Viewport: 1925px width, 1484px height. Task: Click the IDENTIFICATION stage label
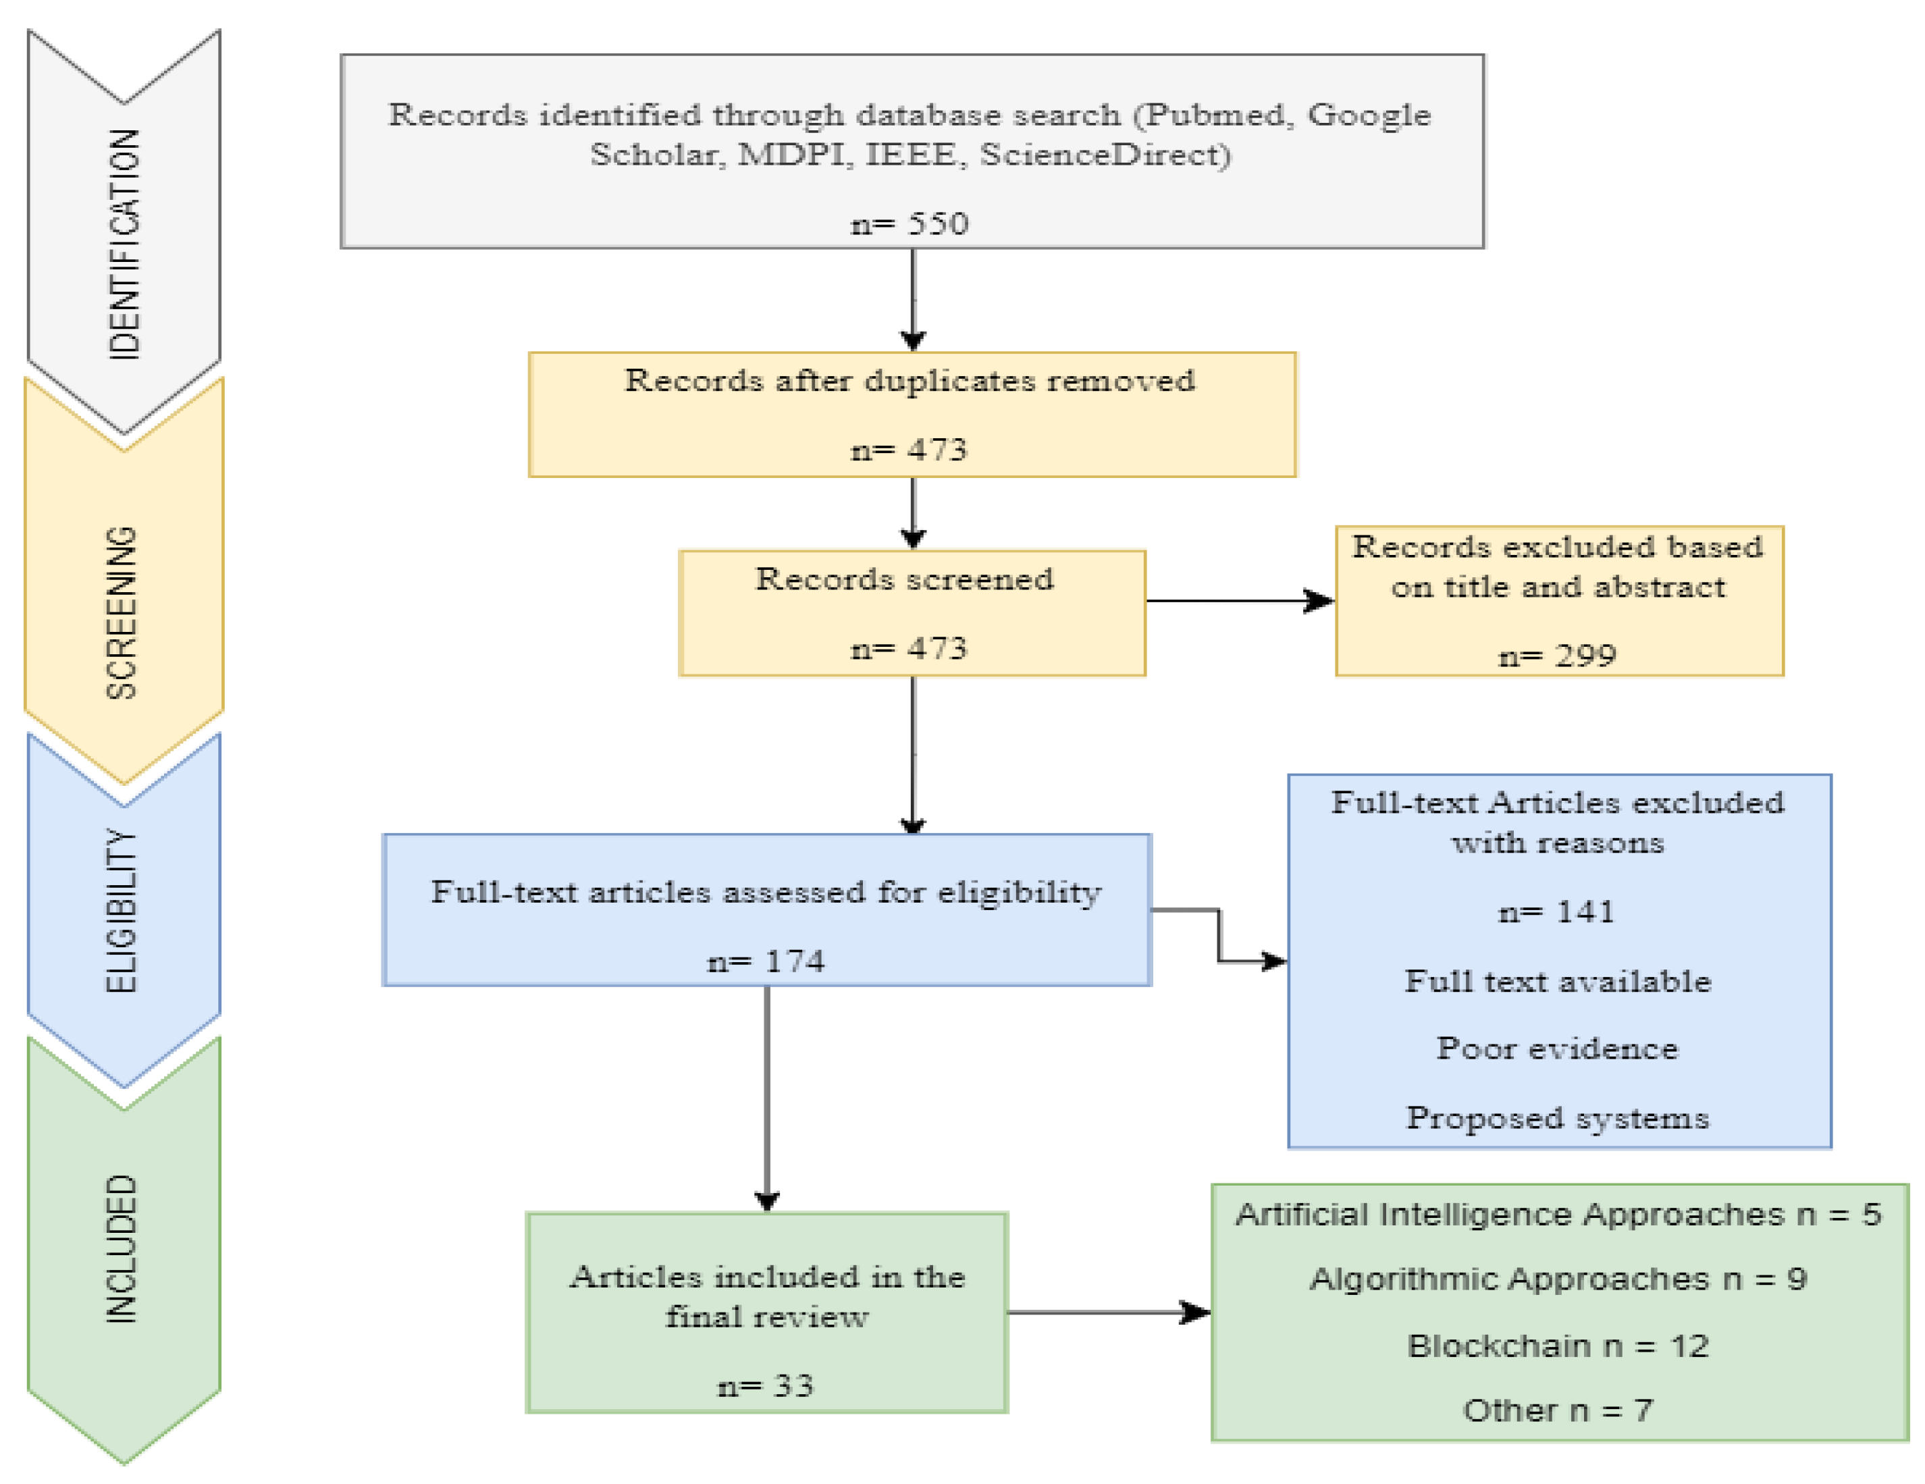click(124, 244)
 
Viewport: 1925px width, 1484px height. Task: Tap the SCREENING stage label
click(122, 613)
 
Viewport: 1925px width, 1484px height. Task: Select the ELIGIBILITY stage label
click(122, 910)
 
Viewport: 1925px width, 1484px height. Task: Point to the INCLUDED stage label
click(122, 1249)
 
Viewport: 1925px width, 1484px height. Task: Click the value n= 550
click(909, 224)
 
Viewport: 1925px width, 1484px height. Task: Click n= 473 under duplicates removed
click(909, 450)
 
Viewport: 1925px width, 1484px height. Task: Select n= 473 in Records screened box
click(909, 649)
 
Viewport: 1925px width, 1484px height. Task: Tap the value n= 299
click(1558, 656)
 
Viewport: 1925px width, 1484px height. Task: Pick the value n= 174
click(766, 961)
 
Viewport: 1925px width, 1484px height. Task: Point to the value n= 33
click(766, 1386)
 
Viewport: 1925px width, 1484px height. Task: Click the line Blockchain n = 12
click(1558, 1346)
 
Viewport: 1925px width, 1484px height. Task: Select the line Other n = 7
click(1558, 1410)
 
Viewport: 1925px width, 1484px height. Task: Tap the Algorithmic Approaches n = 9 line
click(1558, 1279)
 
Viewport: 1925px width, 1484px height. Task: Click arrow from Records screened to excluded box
click(1238, 601)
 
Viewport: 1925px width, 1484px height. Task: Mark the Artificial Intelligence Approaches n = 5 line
click(1558, 1215)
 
